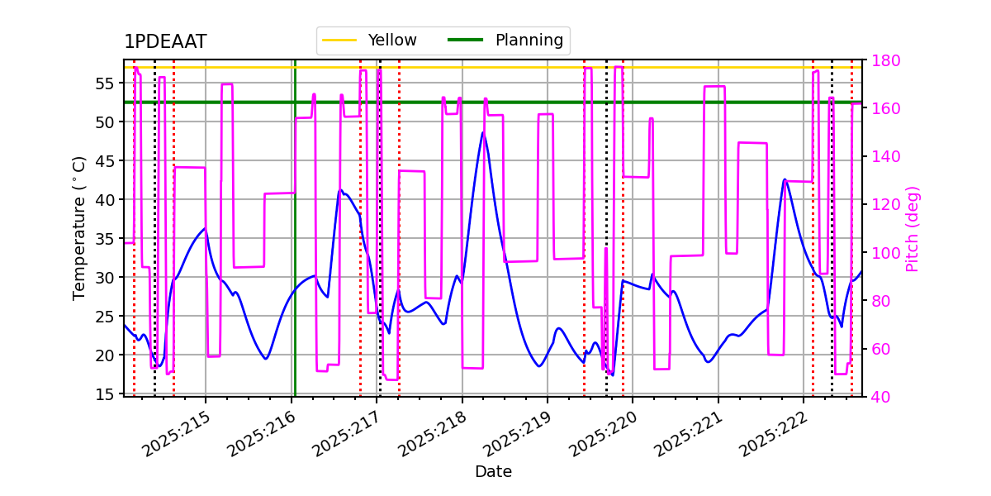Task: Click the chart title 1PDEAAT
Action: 165,42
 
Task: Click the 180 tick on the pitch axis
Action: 884,60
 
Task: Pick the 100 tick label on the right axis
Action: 884,253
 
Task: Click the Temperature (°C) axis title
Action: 79,227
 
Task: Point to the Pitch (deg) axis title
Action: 913,228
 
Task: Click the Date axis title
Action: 493,472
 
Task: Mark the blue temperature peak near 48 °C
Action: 483,132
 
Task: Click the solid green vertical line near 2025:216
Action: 294,248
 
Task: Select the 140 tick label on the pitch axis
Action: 884,156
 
